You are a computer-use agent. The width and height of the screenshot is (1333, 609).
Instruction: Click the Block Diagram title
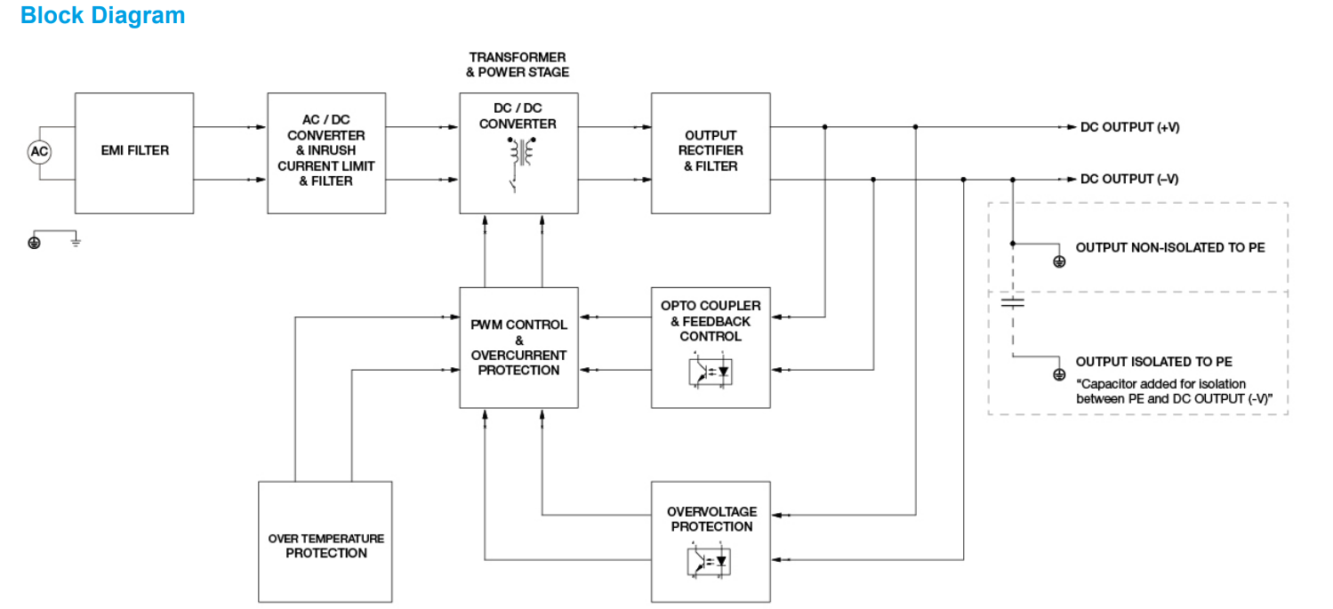click(x=102, y=16)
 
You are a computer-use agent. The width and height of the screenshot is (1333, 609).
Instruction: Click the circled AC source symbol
click(x=39, y=152)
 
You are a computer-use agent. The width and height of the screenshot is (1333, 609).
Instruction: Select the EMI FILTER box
click(x=134, y=152)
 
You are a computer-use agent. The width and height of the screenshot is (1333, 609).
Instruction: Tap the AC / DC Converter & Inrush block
click(x=326, y=152)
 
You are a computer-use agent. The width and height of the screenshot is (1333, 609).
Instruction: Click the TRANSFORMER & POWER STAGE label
click(x=518, y=65)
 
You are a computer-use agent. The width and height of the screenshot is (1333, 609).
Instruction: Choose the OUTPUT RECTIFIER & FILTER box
click(x=711, y=152)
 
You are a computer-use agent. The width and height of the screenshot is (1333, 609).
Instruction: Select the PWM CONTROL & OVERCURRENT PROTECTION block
click(x=518, y=347)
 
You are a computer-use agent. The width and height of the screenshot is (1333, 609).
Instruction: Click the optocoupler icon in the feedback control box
click(x=711, y=371)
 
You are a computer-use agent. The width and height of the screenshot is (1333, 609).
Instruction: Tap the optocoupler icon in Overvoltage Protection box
click(x=711, y=562)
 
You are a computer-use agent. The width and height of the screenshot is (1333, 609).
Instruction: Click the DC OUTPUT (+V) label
click(x=1129, y=127)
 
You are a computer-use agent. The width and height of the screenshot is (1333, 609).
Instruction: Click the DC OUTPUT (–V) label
click(x=1129, y=180)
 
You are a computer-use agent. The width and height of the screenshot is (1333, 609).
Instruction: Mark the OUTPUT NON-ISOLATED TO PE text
click(x=1169, y=248)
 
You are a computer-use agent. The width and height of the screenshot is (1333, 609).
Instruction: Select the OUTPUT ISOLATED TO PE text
click(x=1153, y=362)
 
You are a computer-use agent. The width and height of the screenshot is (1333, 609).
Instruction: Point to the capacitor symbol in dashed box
click(x=1012, y=302)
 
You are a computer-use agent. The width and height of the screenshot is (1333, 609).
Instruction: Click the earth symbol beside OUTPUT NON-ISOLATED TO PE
click(x=1058, y=262)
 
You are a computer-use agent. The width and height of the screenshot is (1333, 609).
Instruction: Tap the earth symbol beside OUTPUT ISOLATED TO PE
click(x=1058, y=375)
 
